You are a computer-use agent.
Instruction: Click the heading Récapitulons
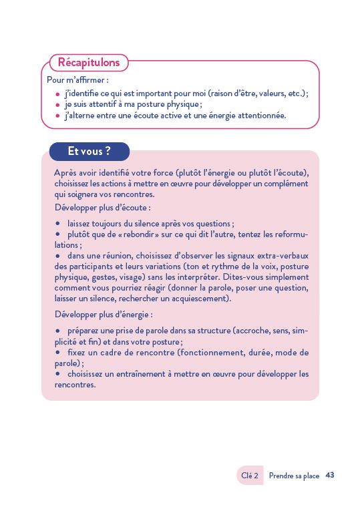(89, 63)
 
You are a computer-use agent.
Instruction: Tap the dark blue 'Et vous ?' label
(89, 152)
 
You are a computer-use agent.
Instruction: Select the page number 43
(329, 476)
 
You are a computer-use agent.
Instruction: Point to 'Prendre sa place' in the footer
(294, 476)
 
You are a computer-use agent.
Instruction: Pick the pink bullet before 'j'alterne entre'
(58, 116)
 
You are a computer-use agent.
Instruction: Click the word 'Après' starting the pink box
(65, 173)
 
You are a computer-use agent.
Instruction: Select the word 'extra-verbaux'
(281, 256)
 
